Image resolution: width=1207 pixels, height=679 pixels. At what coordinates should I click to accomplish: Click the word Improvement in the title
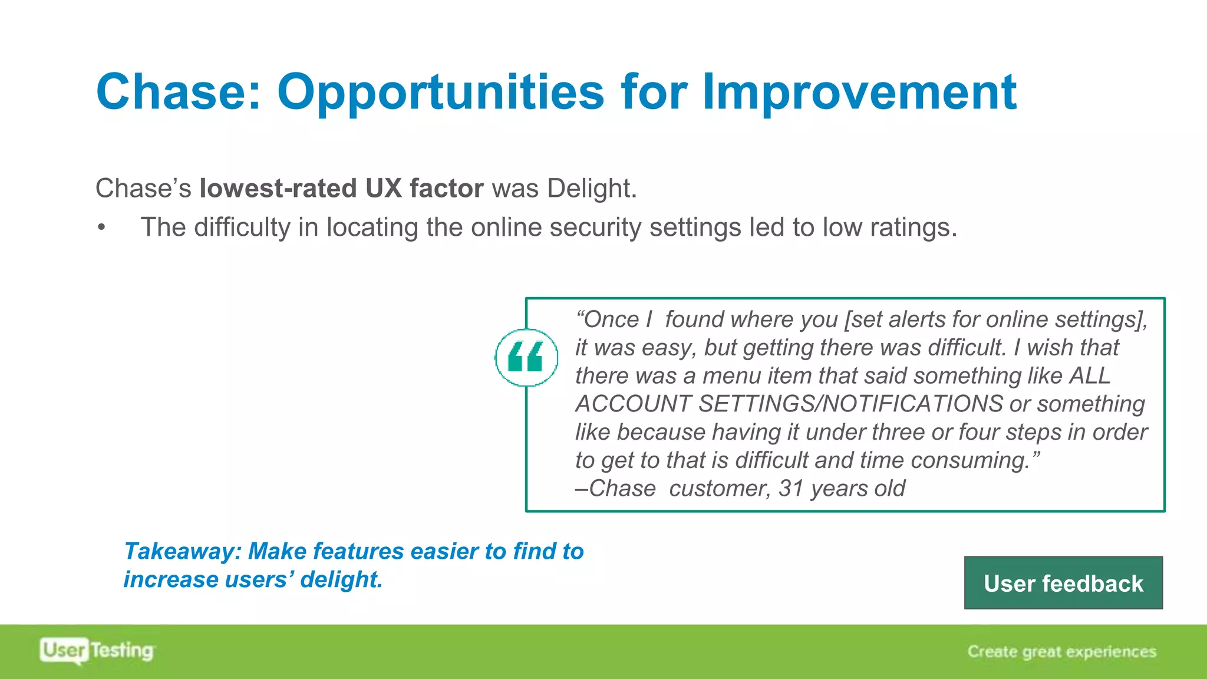point(859,93)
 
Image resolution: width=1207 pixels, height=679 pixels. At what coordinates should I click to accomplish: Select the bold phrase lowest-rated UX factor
point(341,189)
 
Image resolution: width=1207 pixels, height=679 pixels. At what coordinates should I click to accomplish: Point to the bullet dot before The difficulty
point(102,228)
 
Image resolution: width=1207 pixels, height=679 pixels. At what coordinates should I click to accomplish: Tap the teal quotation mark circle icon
point(526,358)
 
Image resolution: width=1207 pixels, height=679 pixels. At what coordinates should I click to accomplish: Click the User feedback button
point(1063,583)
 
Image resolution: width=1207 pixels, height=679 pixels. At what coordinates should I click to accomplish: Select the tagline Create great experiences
point(1061,651)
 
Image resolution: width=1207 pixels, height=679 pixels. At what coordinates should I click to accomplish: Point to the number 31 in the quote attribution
point(791,489)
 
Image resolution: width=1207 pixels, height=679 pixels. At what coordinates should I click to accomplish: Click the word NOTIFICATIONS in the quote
point(912,404)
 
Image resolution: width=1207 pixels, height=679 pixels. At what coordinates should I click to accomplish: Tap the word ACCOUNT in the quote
point(633,404)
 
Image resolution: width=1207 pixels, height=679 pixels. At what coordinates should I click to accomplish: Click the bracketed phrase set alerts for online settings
point(995,319)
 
